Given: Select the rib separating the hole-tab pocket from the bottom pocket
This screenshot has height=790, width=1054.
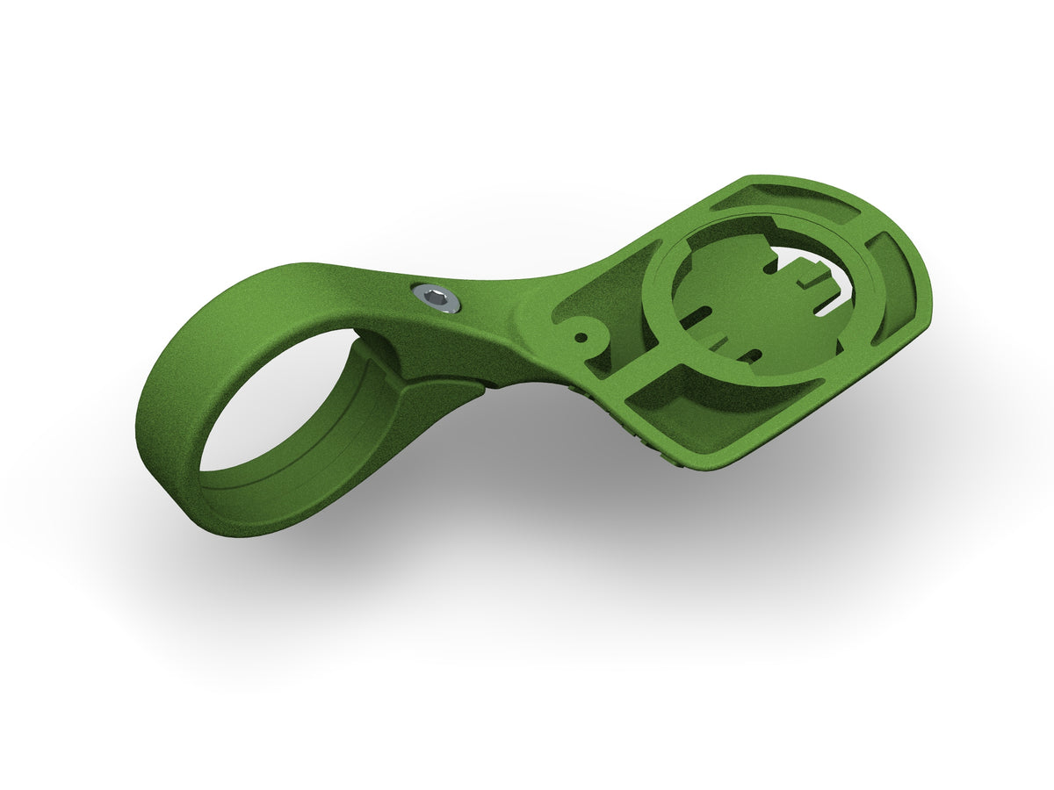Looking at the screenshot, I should [632, 369].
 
